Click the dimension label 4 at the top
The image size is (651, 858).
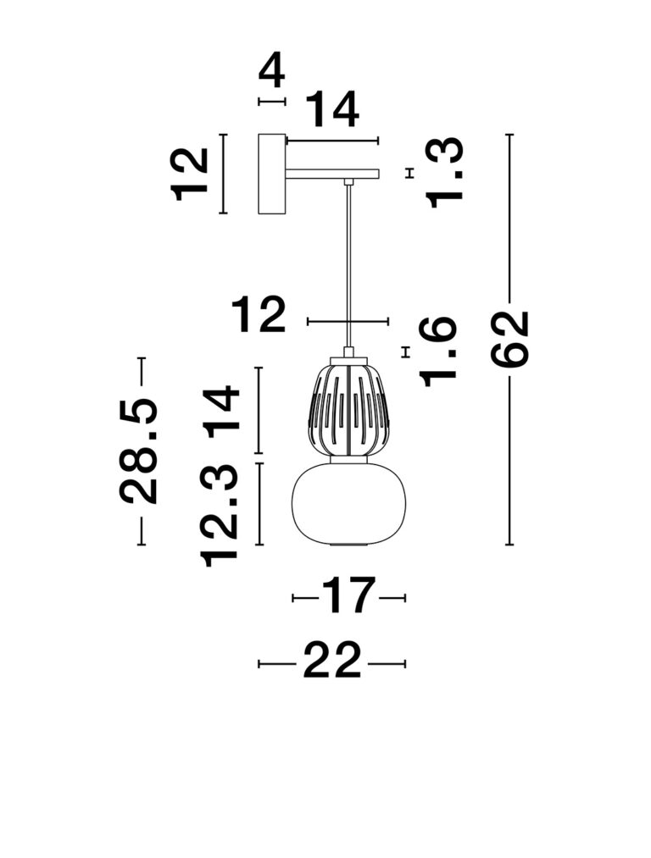point(272,72)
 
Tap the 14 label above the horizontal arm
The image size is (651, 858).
point(331,109)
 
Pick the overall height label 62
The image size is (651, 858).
point(509,340)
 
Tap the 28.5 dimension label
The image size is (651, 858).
point(138,451)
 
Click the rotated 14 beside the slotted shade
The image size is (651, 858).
point(220,412)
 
